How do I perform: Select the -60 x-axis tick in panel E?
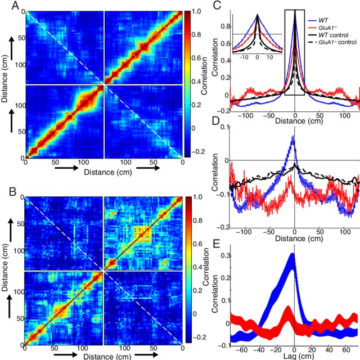(x=245, y=348)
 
